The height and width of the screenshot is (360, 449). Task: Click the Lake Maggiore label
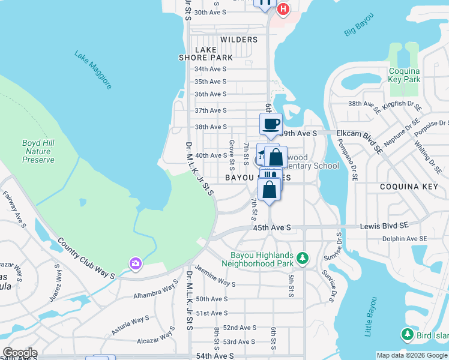point(93,70)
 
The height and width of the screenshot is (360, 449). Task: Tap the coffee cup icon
point(270,124)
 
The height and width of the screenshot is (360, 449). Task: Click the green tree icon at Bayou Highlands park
point(303,258)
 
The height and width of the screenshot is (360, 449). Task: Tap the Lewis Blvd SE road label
point(384,227)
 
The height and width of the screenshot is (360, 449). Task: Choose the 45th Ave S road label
point(271,228)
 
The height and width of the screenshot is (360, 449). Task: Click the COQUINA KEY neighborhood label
point(410,187)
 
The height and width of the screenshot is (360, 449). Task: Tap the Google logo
point(20,353)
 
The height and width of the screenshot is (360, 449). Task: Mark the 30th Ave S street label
point(210,12)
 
